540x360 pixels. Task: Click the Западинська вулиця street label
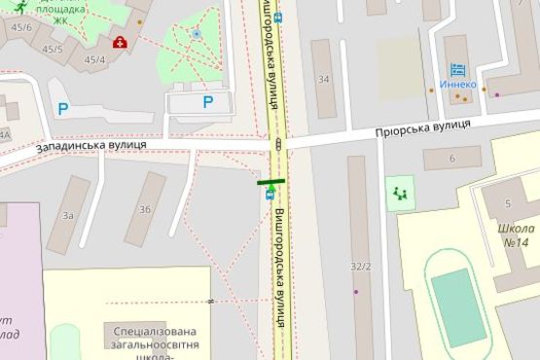coord(91,146)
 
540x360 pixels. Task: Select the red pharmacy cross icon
coord(120,42)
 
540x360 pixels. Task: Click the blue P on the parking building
coord(207,101)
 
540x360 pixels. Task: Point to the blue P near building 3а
coord(62,109)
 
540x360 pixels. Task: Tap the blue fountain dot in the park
coord(196,34)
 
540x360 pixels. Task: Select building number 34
coord(322,80)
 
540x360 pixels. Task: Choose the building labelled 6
coord(451,158)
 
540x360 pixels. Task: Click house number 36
coord(145,209)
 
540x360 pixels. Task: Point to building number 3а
coord(68,215)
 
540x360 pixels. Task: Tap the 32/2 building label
coord(361,266)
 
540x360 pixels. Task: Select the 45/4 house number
coord(94,60)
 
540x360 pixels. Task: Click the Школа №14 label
coord(513,235)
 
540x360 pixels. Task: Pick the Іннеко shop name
coord(457,85)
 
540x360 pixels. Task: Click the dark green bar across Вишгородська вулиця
coord(270,181)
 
